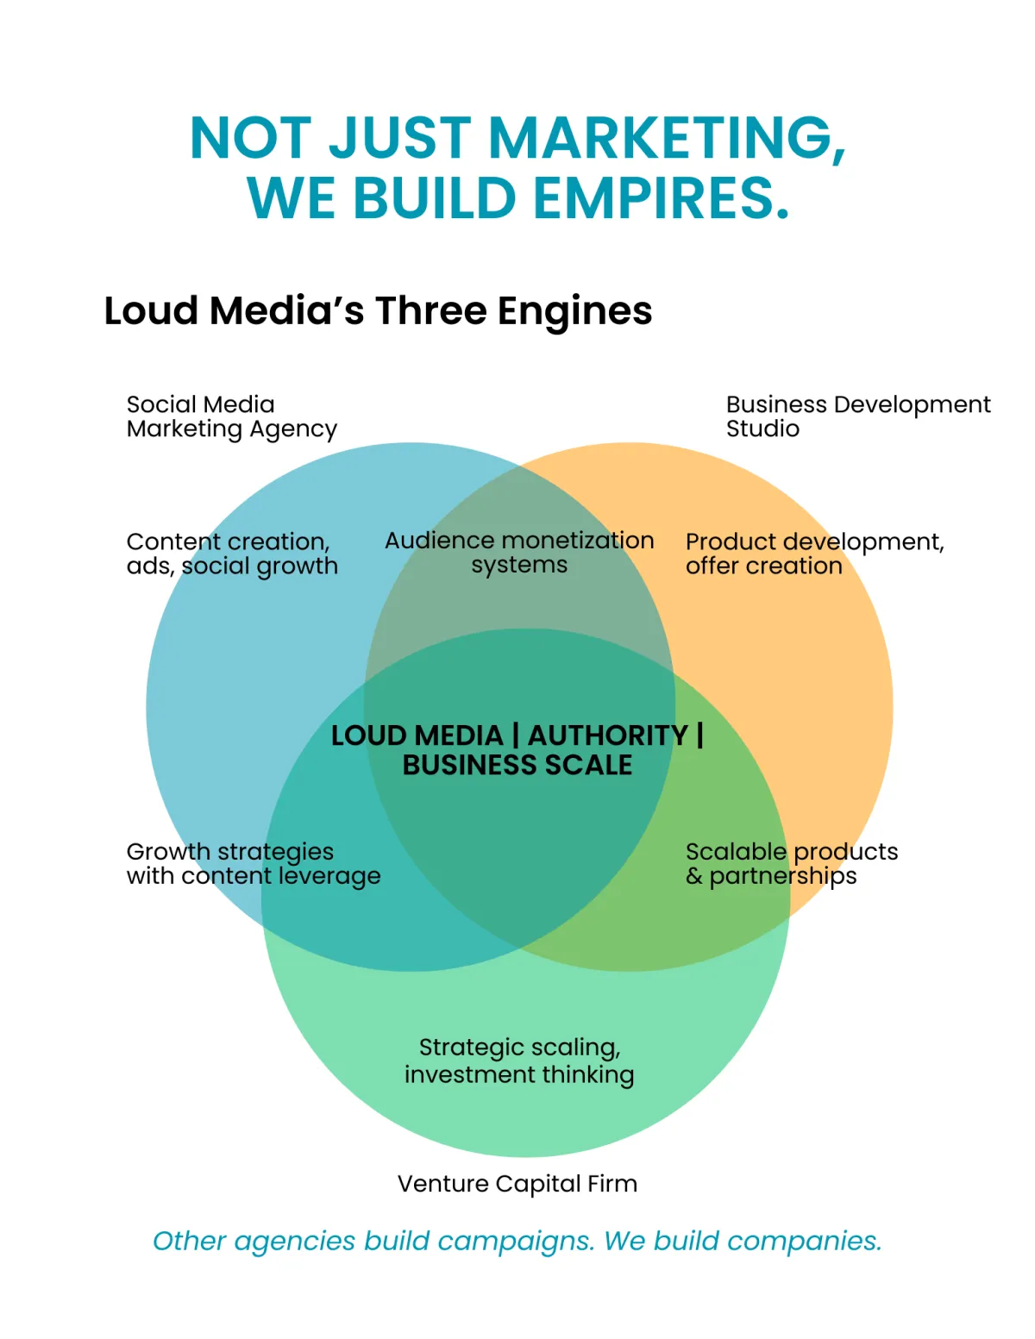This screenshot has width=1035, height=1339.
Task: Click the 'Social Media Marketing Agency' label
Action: point(231,416)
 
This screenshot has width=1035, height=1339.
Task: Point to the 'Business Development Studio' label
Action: point(857,416)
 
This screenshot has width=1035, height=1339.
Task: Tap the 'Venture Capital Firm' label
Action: point(517,1184)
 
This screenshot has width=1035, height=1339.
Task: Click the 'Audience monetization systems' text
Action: point(519,553)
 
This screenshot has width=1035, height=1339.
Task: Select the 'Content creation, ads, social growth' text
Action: point(232,554)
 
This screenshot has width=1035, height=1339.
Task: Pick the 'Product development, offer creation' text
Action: point(814,554)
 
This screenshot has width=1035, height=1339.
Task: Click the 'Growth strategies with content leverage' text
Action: point(253,863)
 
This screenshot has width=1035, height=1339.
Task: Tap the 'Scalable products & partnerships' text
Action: point(791,863)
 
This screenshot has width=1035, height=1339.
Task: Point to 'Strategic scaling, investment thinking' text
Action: point(519,1061)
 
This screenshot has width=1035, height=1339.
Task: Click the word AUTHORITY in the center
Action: point(608,735)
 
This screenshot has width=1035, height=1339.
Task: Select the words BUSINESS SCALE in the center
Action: point(517,766)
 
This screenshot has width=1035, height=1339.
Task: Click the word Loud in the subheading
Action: point(151,311)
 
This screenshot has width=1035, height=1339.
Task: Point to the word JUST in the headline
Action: point(400,138)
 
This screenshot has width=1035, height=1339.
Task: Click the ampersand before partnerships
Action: point(694,877)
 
